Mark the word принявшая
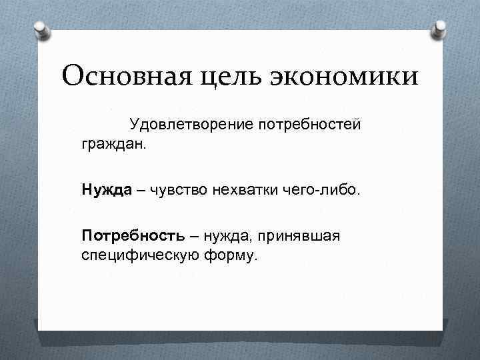click(x=299, y=236)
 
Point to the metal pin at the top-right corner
click(x=441, y=29)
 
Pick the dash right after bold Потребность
click(x=193, y=236)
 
